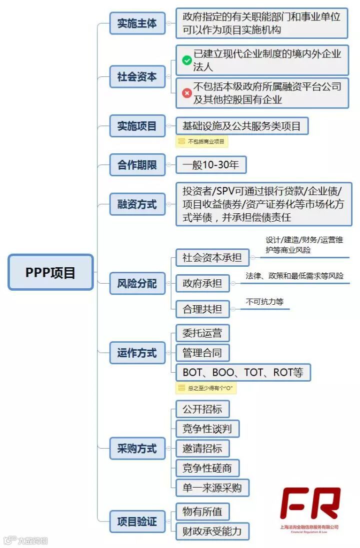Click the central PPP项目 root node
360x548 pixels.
pos(50,272)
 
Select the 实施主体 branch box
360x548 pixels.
pos(137,23)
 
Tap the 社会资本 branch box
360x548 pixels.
pos(137,77)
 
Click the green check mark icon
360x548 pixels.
pos(187,60)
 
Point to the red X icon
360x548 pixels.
pos(187,93)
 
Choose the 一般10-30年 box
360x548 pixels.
pos(211,165)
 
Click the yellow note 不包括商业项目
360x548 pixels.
pos(202,142)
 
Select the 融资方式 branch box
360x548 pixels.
pos(137,204)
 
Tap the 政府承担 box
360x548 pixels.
pos(202,284)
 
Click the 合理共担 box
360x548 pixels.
pos(202,309)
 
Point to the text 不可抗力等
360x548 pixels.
pos(264,302)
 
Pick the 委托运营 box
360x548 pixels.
pos(202,333)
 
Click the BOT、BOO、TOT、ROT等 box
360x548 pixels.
pos(243,372)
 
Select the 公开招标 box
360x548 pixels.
pos(202,409)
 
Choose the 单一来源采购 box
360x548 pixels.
pos(212,487)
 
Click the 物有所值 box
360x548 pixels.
pos(202,512)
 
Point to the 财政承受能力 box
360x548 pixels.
pos(212,531)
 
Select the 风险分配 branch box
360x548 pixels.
pos(137,284)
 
